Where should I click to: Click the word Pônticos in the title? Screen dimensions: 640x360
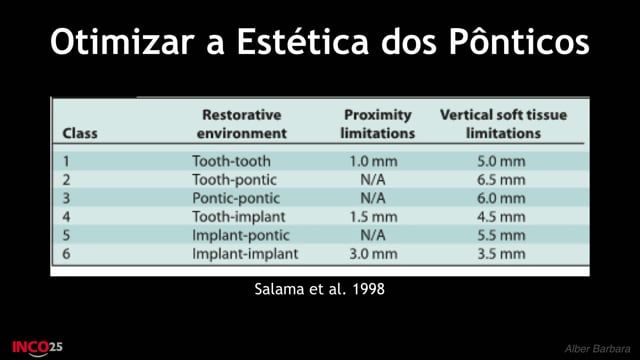coord(519,41)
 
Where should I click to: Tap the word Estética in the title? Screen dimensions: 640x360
coord(303,41)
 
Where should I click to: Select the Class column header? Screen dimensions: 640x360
coord(80,133)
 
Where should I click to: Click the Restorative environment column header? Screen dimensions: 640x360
coord(241,124)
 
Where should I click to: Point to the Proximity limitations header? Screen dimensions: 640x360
coord(378,124)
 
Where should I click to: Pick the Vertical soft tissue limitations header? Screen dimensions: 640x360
coord(503,124)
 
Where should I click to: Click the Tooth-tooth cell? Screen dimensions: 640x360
coord(231,161)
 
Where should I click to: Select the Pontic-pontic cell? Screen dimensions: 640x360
coord(236,198)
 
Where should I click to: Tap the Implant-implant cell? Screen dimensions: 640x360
coord(245,253)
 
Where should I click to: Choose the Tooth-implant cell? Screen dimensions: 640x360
coord(239,216)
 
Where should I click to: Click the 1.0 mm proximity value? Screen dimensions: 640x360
coord(373,161)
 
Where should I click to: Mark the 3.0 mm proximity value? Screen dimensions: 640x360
coord(373,254)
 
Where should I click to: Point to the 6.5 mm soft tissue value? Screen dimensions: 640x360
coord(501,180)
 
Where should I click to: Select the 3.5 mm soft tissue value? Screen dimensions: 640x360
coord(501,254)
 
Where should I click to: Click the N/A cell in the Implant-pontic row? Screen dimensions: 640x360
coord(373,235)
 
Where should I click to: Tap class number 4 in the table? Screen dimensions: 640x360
coord(66,217)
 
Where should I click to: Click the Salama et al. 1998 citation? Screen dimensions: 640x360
coord(320,289)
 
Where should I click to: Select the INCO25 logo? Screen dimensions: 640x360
coord(37,348)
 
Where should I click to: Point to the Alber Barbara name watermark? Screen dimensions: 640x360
coord(598,349)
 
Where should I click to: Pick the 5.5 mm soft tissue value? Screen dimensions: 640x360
coord(501,235)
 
